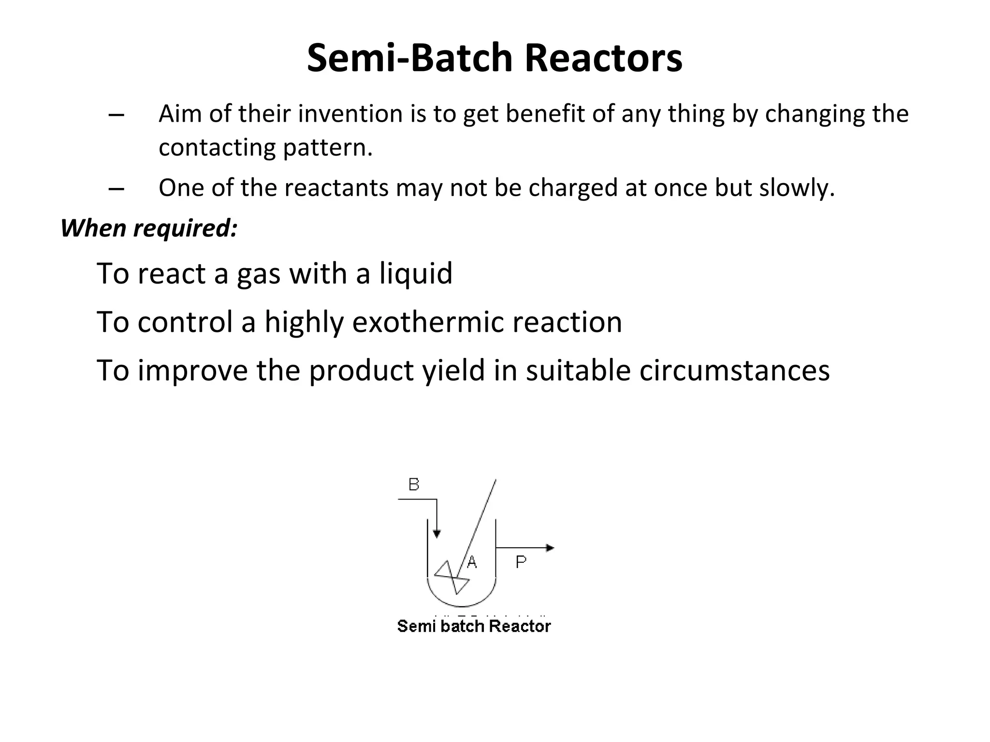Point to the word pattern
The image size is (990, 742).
click(x=327, y=147)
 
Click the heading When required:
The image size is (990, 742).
click(x=149, y=228)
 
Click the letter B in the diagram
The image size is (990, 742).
click(x=414, y=485)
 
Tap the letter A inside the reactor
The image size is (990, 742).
click(x=472, y=562)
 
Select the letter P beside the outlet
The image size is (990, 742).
click(x=521, y=562)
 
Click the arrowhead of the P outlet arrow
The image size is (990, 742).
click(x=550, y=548)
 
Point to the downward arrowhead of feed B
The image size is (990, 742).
click(x=437, y=534)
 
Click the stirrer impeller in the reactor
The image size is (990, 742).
click(x=452, y=578)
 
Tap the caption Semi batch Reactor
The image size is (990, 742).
click(x=474, y=627)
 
